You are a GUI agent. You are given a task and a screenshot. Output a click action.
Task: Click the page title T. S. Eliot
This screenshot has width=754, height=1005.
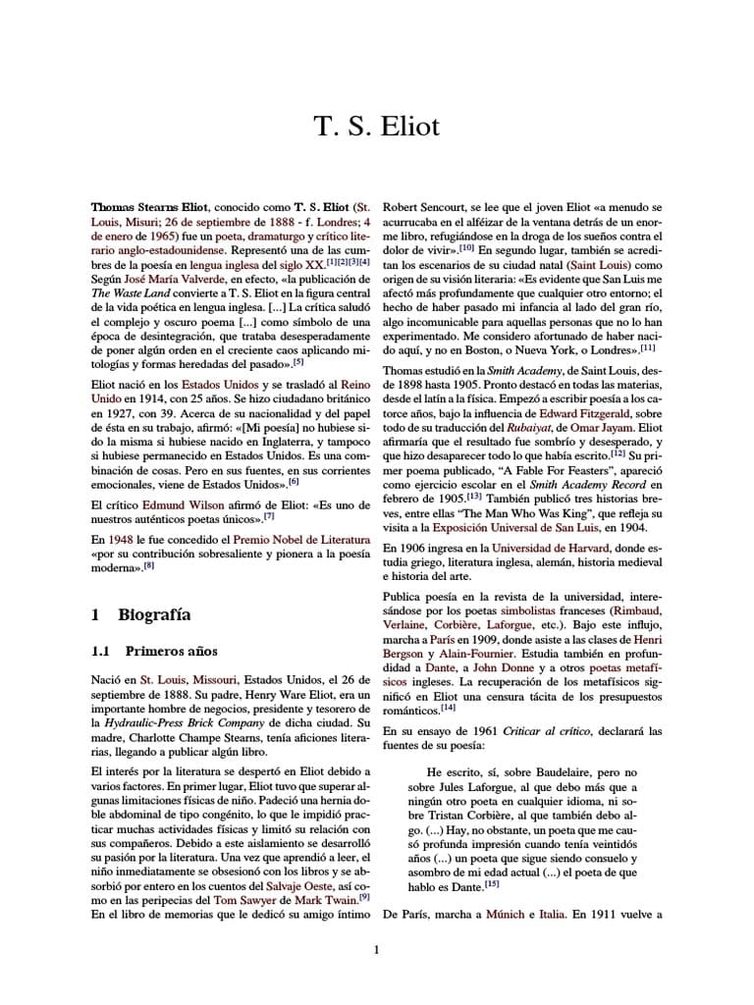[x=377, y=128]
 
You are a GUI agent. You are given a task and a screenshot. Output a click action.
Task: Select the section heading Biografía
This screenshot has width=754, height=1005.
[x=154, y=615]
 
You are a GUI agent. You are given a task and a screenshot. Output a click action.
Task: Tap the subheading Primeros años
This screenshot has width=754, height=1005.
[x=171, y=651]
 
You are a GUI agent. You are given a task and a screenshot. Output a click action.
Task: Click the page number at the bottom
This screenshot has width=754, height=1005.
[x=376, y=949]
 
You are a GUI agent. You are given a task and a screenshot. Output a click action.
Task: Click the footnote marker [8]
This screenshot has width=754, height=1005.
[x=149, y=566]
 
